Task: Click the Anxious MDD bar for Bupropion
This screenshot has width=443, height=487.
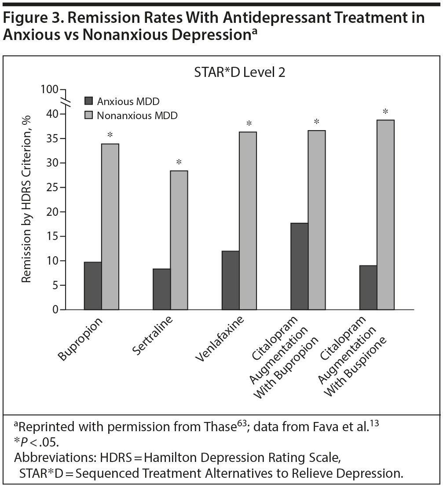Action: click(92, 286)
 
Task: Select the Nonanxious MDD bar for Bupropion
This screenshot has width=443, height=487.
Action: click(110, 227)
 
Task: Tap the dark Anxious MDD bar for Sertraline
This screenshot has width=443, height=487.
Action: click(161, 289)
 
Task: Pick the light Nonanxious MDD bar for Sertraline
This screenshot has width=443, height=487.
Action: click(179, 240)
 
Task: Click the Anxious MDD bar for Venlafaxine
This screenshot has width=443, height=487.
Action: click(231, 280)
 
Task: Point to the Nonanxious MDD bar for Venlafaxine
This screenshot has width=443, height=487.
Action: click(248, 221)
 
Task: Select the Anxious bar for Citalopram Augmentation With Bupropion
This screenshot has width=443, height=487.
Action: click(299, 266)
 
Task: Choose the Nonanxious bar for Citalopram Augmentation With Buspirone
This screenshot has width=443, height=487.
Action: click(385, 215)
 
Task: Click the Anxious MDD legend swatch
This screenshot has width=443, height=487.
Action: click(88, 102)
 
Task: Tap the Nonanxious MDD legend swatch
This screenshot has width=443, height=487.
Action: click(88, 116)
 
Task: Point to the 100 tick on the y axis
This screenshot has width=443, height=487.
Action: click(49, 90)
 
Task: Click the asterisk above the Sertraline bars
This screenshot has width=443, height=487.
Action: click(179, 163)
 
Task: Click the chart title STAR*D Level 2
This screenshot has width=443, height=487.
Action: click(240, 72)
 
